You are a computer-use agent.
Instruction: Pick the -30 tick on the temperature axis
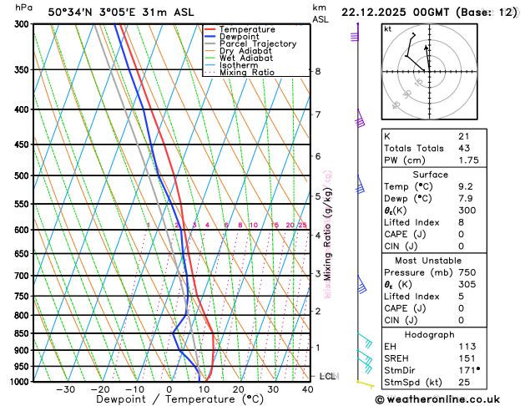click(x=65, y=389)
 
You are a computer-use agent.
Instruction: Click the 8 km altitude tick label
click(x=317, y=72)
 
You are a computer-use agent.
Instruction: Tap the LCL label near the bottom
click(x=327, y=377)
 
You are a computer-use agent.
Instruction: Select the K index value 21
click(x=464, y=136)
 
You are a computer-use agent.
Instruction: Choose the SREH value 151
click(x=467, y=357)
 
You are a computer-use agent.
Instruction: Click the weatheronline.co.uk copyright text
click(x=449, y=398)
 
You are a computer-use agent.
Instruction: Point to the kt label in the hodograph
click(x=387, y=29)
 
